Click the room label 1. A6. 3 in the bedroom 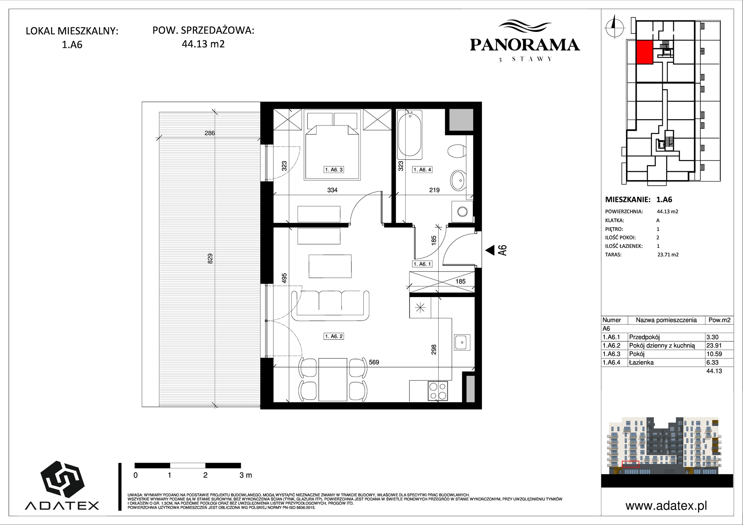334,170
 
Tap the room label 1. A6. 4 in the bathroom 422,170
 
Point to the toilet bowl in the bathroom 457,151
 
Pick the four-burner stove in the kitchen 438,391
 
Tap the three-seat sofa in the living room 330,306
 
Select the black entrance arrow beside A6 490,250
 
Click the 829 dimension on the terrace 210,258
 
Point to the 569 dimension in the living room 374,362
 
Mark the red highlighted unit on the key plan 645,52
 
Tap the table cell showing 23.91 714,345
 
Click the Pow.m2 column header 720,320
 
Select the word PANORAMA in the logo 525,45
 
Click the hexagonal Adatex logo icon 62,480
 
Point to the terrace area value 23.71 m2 668,255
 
